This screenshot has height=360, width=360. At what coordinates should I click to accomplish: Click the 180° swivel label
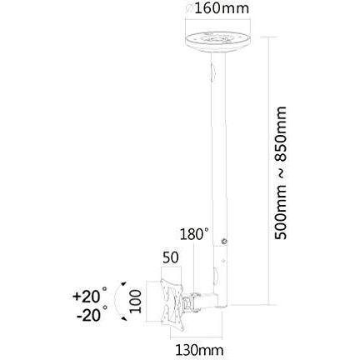pos(194,235)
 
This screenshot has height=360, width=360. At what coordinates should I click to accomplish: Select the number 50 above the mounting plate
pos(171,259)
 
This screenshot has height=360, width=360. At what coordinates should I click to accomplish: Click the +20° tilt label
pos(90,296)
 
